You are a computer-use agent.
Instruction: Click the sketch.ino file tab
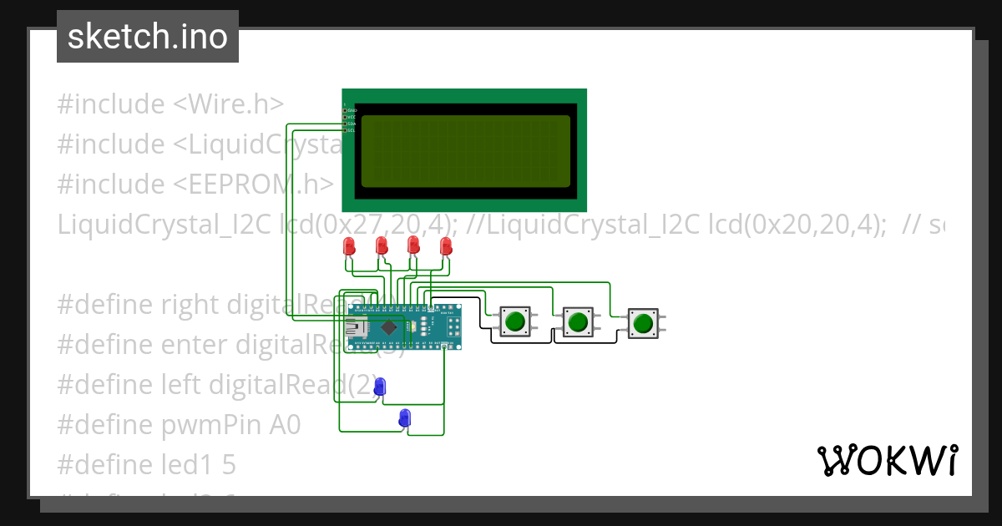pos(148,37)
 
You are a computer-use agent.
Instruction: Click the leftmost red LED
pos(349,246)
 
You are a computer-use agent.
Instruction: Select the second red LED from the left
pos(381,246)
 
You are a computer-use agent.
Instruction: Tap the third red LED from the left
pos(412,245)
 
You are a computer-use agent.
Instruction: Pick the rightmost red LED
pos(445,246)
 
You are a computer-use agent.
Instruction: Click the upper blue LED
pos(380,387)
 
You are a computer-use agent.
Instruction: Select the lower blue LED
pos(405,417)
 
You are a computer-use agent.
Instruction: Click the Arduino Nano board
pos(404,326)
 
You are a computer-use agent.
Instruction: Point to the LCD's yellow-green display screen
pos(466,151)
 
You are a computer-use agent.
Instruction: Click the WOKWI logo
pos(887,460)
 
